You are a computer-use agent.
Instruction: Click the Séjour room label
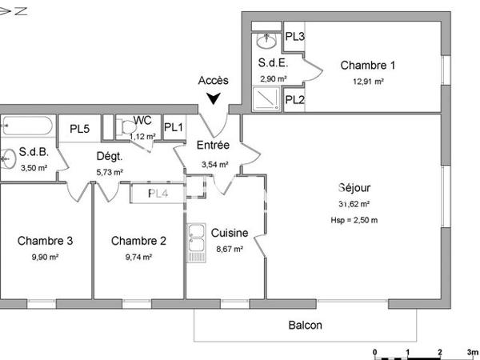click(354, 189)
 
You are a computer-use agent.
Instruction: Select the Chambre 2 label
click(138, 241)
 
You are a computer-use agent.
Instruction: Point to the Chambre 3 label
click(46, 241)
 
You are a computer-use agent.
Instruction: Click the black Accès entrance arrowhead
click(214, 99)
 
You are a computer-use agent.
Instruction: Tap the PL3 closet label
click(294, 37)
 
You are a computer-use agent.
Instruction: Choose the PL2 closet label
click(294, 100)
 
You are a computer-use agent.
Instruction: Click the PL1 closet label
click(174, 127)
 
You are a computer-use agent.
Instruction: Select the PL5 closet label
click(79, 128)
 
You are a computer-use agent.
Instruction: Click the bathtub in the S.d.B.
click(28, 126)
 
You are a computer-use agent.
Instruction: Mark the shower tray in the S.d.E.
click(265, 98)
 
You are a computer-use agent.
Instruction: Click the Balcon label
click(306, 325)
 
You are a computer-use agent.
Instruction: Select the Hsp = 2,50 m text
click(354, 219)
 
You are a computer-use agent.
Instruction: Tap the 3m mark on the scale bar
click(471, 352)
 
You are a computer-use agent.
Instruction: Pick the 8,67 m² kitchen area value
click(230, 249)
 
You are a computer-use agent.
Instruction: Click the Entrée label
click(213, 146)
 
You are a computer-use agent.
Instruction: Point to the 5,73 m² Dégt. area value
click(110, 171)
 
